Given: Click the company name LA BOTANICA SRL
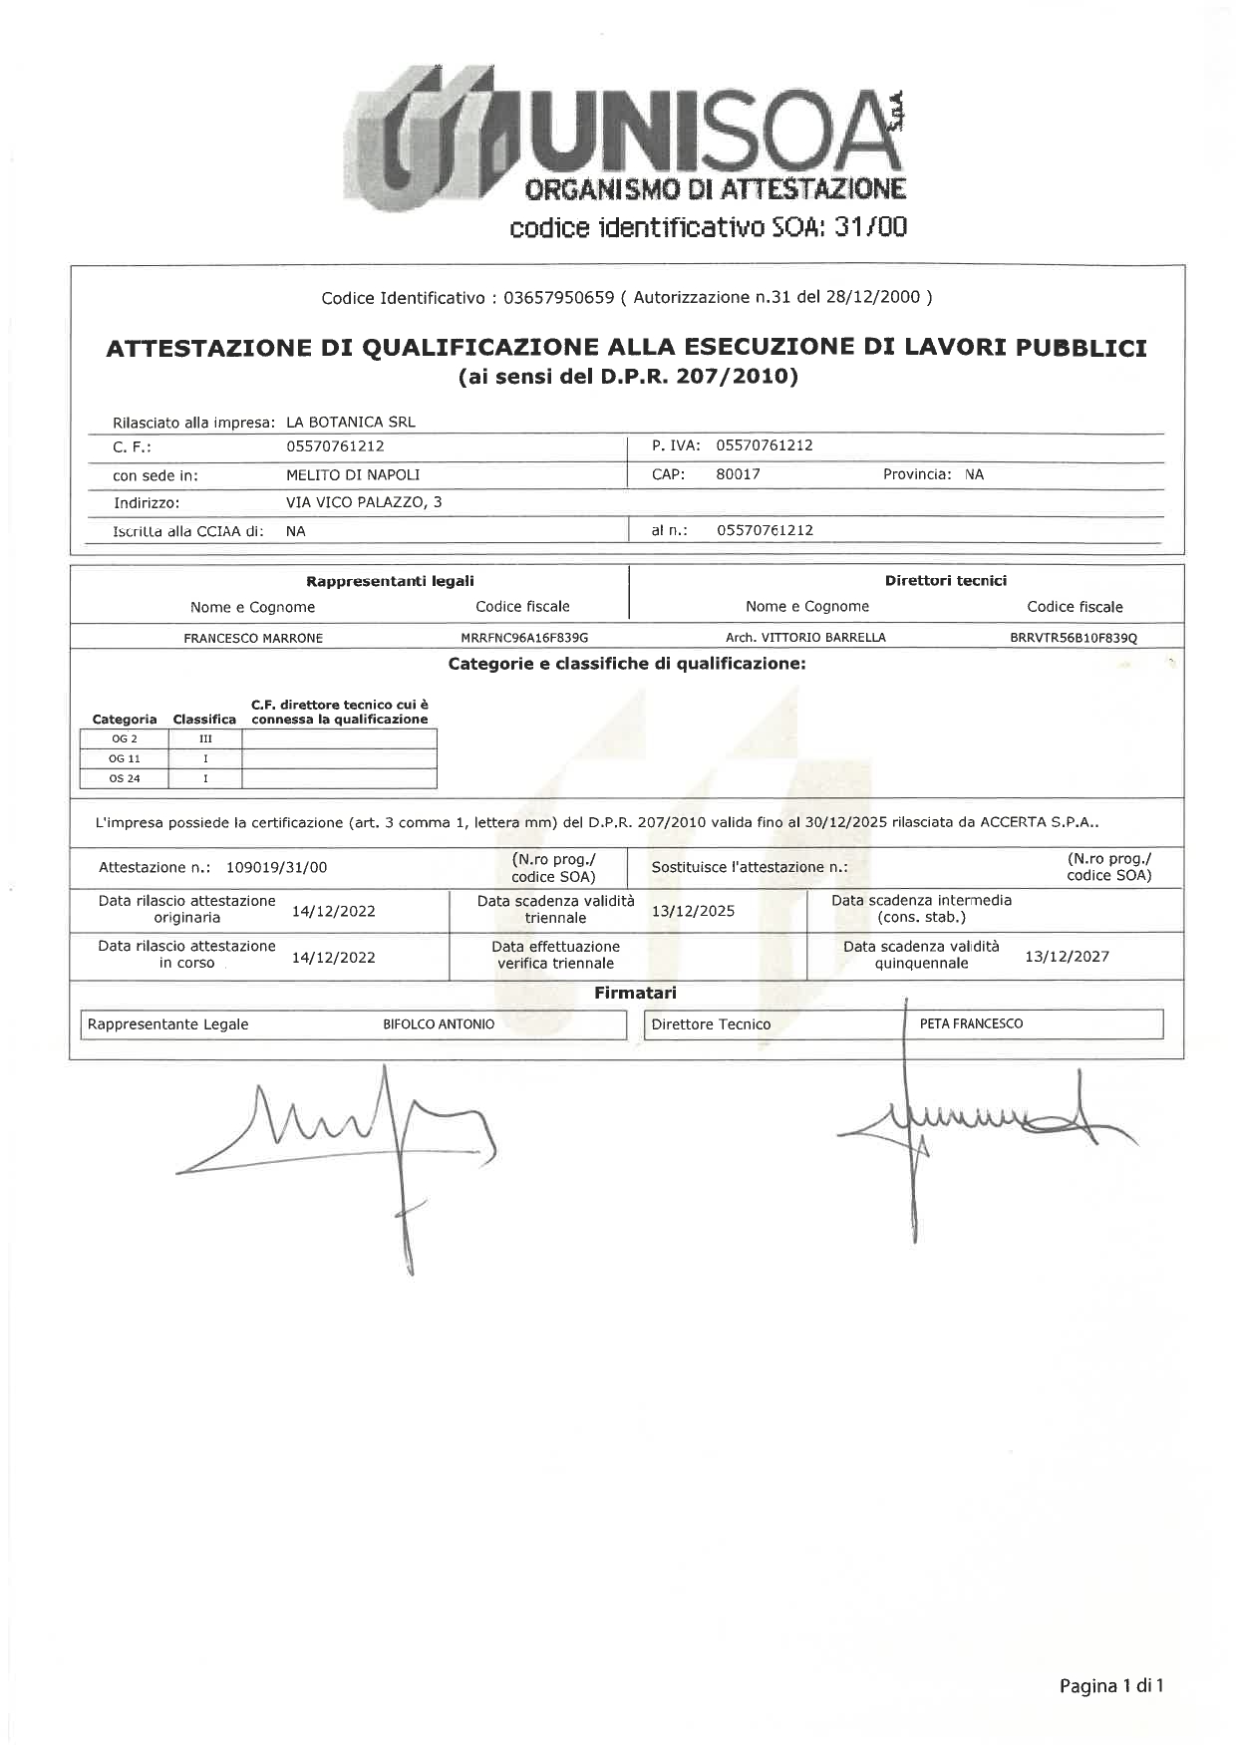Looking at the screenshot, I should (350, 422).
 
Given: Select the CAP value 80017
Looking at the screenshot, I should (738, 474).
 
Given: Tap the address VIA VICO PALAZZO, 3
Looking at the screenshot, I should (364, 502).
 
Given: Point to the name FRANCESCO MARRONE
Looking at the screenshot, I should (253, 638).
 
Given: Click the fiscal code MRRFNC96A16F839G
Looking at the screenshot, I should (524, 638).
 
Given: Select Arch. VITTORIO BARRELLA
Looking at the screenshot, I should (805, 638).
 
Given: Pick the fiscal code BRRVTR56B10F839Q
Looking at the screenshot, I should (1073, 638).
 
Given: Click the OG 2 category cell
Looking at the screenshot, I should (125, 738).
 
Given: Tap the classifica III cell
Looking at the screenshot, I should (205, 738).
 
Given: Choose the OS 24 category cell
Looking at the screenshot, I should (125, 778).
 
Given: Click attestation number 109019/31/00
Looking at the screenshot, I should (276, 867).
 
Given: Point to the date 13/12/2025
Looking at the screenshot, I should (693, 910).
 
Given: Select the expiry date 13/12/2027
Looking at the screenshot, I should (1067, 956).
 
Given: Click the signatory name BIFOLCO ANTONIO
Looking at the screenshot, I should (439, 1024).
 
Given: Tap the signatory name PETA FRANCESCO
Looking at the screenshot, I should (971, 1023).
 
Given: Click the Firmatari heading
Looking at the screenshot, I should (635, 993).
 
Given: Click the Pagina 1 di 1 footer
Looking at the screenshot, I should (1111, 1686).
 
